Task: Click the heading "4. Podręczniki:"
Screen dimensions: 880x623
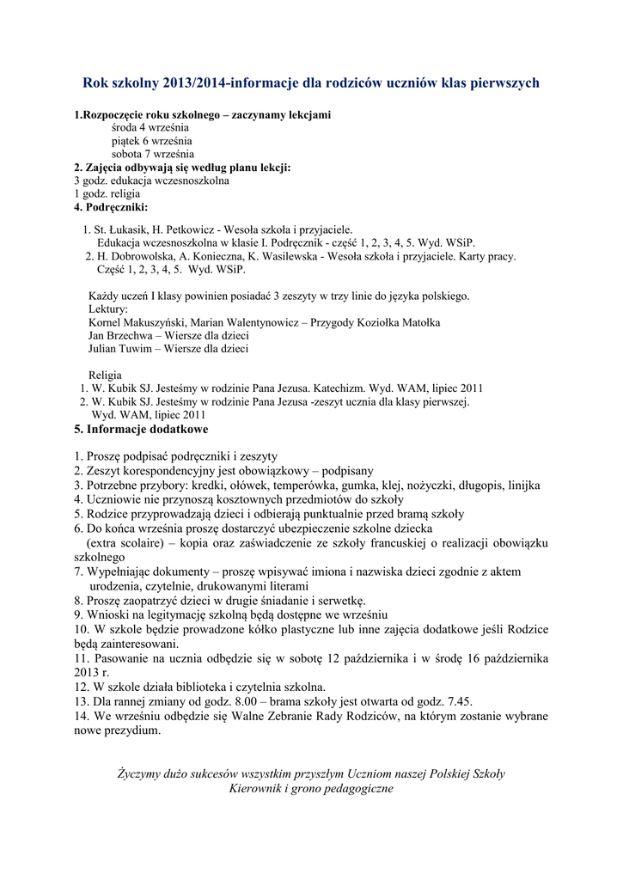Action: [111, 207]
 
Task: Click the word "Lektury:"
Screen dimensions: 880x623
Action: [108, 309]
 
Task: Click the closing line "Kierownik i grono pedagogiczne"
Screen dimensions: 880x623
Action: [311, 789]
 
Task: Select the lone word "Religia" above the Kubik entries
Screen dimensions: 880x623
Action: [106, 376]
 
